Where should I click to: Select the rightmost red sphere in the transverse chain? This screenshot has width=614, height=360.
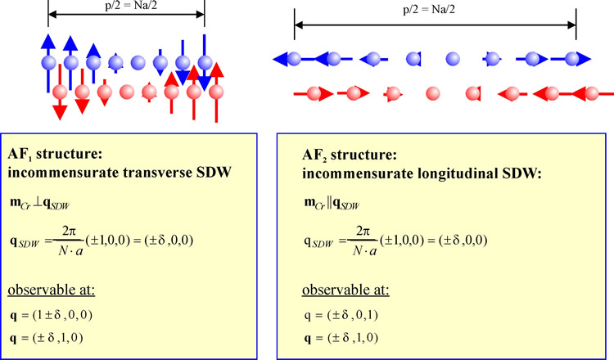(215, 92)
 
